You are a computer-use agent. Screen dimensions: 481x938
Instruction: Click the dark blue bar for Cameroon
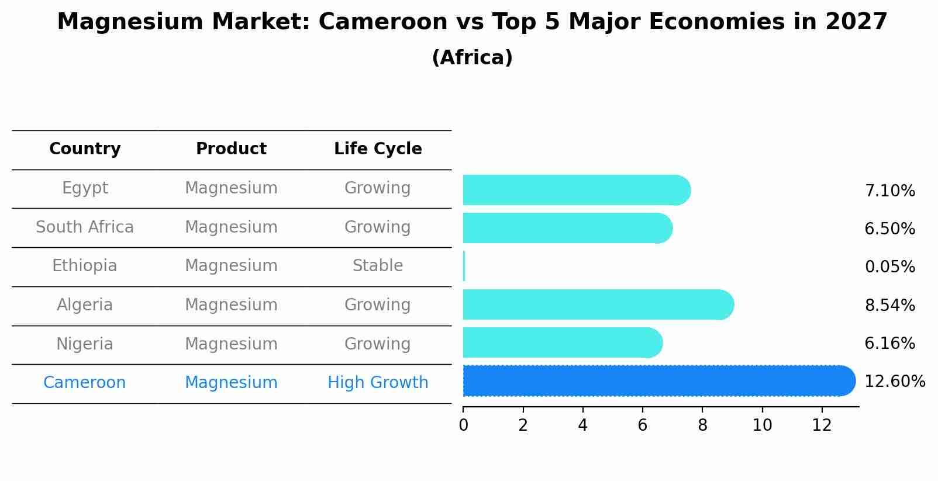coord(655,381)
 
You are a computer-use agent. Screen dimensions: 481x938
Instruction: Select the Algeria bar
coord(596,304)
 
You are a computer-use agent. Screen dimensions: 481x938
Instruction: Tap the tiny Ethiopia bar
coord(464,267)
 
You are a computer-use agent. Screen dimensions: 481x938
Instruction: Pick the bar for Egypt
coord(576,190)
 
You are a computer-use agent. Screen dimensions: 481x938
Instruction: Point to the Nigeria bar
coord(561,342)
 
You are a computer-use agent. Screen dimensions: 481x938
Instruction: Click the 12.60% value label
coord(895,382)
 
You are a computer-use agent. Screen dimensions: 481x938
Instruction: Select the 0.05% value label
coord(889,267)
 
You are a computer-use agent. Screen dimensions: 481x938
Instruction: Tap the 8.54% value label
coord(889,305)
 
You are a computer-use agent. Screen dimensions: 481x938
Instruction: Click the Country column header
coord(85,149)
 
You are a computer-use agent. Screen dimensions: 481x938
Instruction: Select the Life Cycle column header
coord(378,149)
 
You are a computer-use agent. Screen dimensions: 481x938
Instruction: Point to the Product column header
coord(231,149)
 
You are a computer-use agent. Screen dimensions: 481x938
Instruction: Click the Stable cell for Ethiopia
coord(378,266)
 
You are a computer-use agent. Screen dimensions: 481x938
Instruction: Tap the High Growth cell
coord(378,383)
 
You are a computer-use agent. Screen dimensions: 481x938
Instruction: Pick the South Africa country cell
coord(85,227)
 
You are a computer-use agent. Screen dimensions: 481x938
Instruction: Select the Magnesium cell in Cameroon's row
coord(231,383)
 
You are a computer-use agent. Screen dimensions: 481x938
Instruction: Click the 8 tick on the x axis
coord(702,425)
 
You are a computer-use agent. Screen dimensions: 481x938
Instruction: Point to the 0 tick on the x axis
coord(463,425)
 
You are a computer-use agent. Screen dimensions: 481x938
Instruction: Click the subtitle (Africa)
coord(472,58)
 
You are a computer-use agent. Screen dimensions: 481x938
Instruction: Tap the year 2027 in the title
coord(856,22)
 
